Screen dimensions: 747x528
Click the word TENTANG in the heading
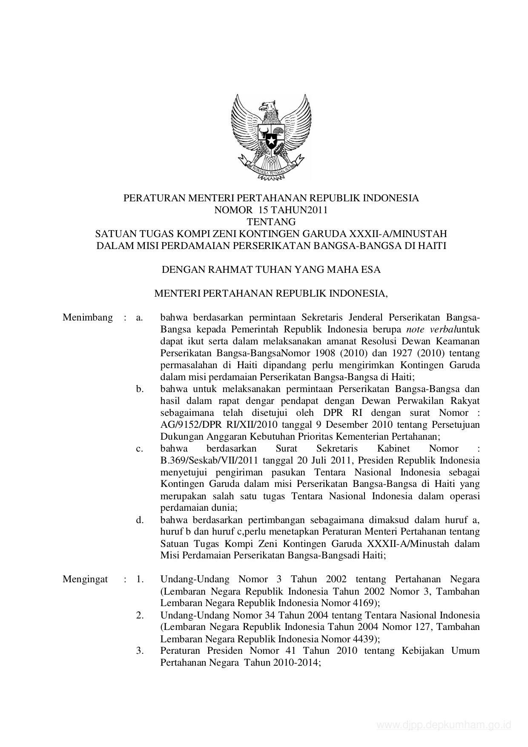coord(271,222)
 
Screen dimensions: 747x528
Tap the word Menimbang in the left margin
coord(88,318)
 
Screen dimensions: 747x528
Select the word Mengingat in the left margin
coord(85,579)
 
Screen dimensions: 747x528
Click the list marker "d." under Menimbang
coord(140,520)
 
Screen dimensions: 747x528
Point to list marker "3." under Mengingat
coord(140,651)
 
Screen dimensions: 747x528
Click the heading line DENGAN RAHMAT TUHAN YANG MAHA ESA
coord(271,270)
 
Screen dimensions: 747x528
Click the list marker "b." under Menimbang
coord(140,389)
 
